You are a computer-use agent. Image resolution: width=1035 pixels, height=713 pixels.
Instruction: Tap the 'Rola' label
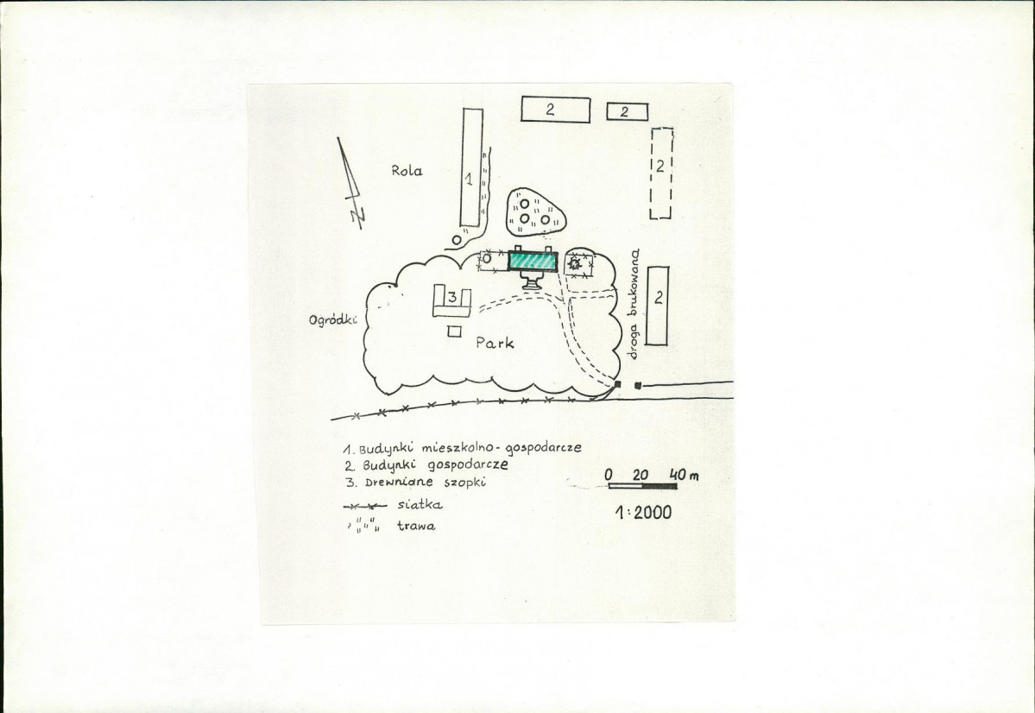point(407,170)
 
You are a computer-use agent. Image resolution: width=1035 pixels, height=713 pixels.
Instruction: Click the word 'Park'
point(495,343)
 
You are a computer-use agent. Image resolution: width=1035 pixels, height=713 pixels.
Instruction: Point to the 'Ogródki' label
point(332,320)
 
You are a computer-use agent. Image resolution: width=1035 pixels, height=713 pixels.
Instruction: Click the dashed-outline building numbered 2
point(660,173)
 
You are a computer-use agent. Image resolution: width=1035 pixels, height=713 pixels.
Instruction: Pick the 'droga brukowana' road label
point(635,304)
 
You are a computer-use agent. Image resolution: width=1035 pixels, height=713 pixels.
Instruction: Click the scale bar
point(642,487)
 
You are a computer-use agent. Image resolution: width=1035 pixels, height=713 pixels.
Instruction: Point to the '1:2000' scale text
point(644,512)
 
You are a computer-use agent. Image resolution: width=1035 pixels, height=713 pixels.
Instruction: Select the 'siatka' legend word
point(420,505)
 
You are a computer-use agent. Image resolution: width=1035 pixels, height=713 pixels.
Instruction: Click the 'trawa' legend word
point(417,527)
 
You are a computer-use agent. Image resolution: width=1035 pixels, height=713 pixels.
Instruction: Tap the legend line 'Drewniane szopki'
point(416,482)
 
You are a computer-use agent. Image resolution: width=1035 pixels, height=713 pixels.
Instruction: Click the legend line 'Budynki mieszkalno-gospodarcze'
point(462,448)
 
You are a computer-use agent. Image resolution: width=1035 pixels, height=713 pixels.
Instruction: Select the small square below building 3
point(454,331)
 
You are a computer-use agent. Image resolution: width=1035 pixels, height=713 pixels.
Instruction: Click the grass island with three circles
point(535,211)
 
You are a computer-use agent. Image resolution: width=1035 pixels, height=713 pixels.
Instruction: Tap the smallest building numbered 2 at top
point(627,111)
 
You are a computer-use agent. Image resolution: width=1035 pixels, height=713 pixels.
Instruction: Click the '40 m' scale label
point(684,475)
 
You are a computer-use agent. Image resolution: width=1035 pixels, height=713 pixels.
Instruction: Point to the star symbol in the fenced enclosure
point(575,263)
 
